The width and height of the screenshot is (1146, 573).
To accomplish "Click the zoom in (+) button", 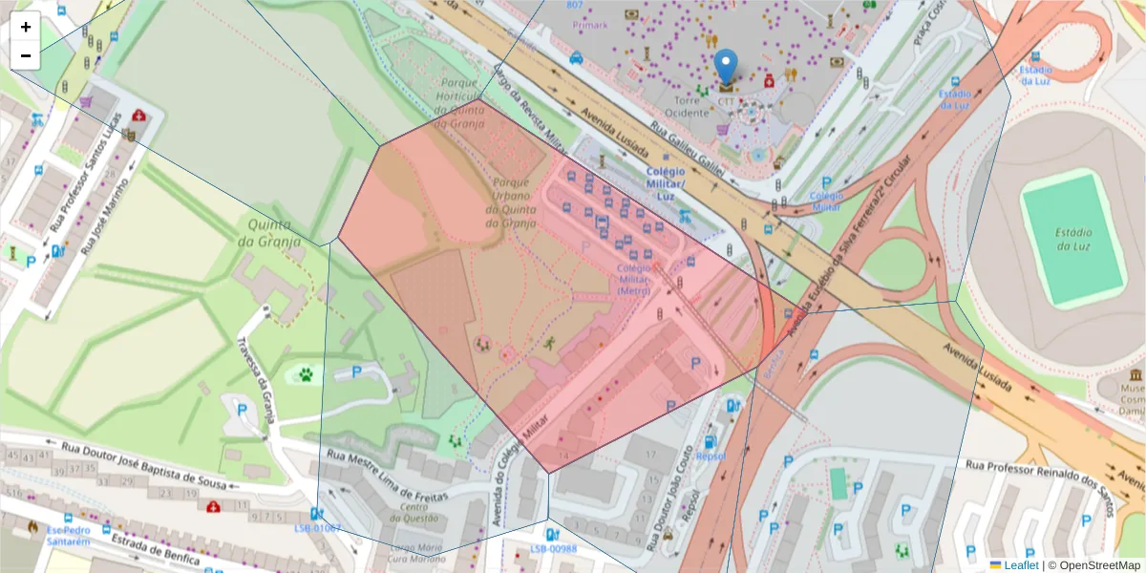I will pos(26,27).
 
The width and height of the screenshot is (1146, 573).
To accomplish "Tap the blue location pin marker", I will pos(726,67).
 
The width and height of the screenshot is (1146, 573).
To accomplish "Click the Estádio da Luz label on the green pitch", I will pos(1072,239).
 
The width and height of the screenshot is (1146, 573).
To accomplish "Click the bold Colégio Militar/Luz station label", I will pos(660,189).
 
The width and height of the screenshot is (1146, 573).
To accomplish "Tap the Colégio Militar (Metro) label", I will pos(634,279).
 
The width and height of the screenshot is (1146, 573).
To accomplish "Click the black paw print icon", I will pos(306,374).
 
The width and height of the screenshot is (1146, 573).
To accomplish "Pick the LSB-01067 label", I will pos(317,528).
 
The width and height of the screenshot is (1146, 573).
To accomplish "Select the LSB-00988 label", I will pos(554,548).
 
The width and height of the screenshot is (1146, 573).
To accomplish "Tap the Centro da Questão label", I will pos(413,513).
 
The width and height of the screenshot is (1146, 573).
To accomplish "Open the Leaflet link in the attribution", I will pos(1020,564).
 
